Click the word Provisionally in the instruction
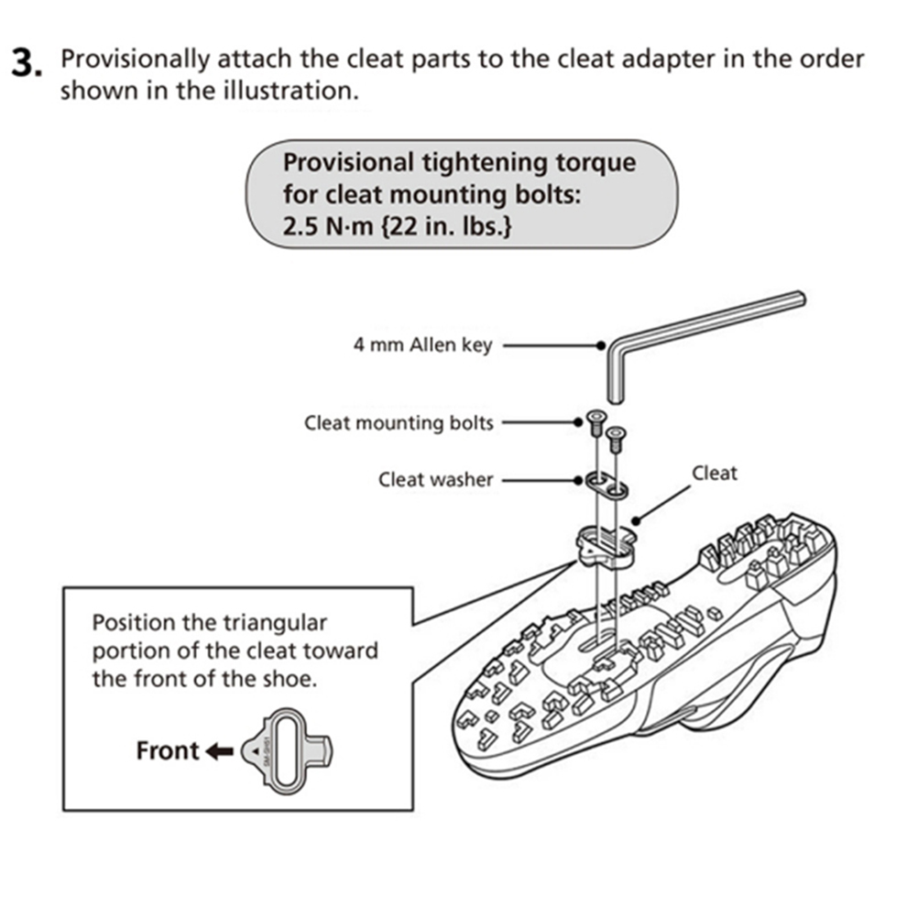(132, 60)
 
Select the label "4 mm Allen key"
(422, 345)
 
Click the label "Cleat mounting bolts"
(399, 422)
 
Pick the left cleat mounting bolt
(593, 422)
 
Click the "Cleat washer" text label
(435, 479)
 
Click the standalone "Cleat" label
(714, 473)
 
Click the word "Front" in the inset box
(168, 751)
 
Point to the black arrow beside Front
(219, 752)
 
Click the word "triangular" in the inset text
(274, 623)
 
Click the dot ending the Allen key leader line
(600, 346)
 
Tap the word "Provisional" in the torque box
(347, 163)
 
